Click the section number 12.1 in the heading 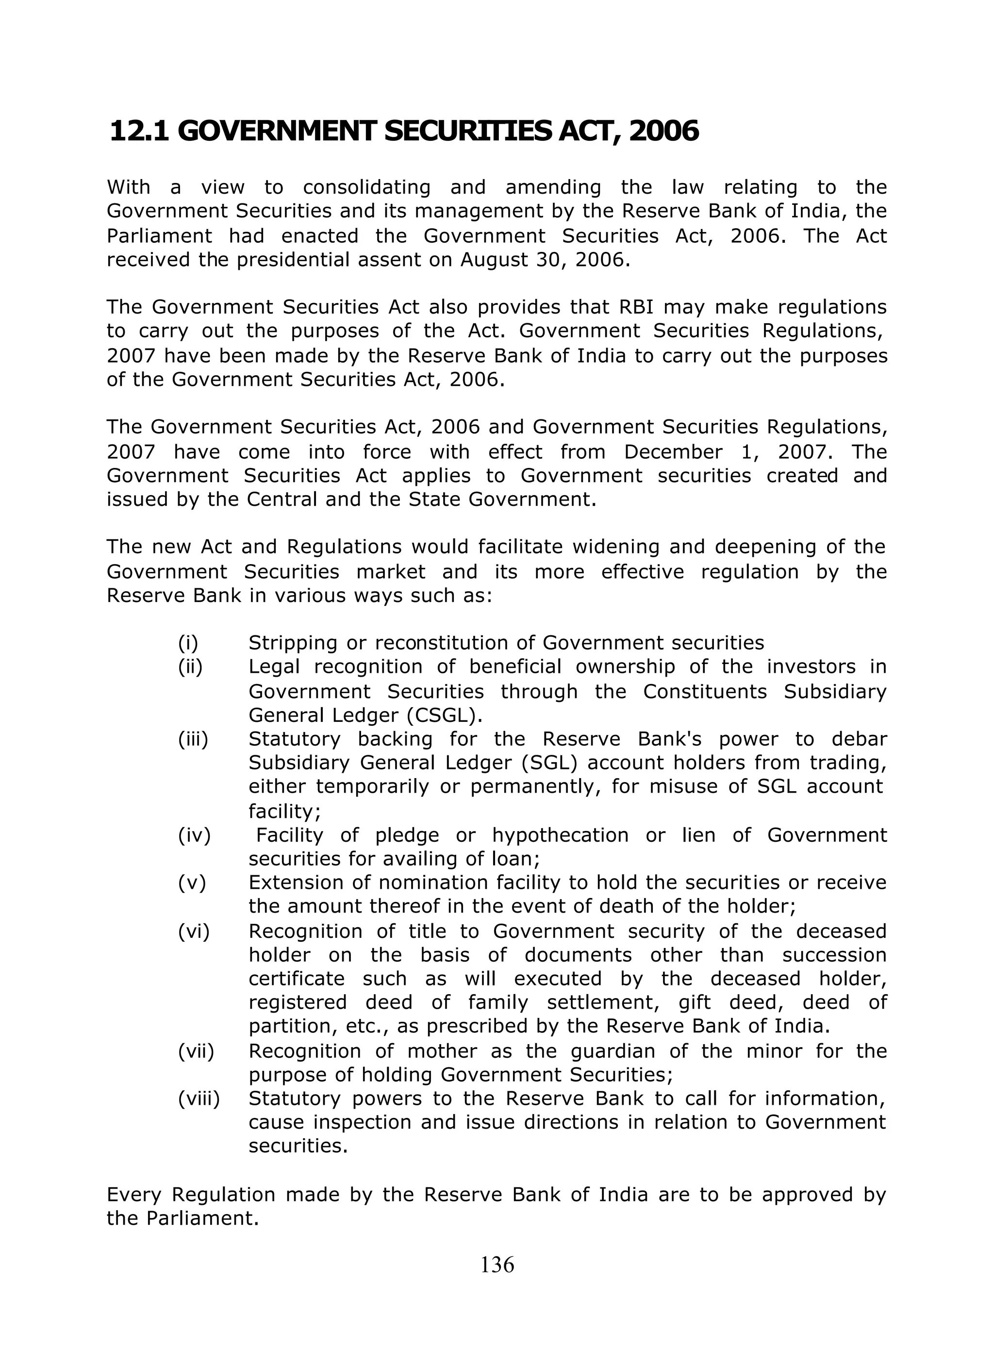pyautogui.click(x=140, y=132)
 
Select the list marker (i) pyautogui.click(x=188, y=643)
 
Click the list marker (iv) pyautogui.click(x=194, y=835)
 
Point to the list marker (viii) pyautogui.click(x=199, y=1099)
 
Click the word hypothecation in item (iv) pyautogui.click(x=561, y=835)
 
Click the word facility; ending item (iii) pyautogui.click(x=284, y=812)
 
